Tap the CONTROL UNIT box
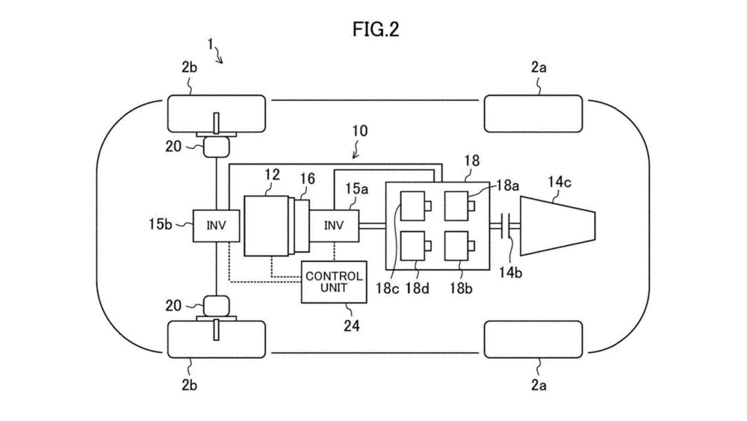click(x=335, y=282)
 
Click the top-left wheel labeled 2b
click(x=215, y=114)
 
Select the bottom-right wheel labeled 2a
click(x=533, y=338)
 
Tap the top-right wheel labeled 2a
click(x=533, y=114)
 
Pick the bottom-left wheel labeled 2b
click(x=215, y=338)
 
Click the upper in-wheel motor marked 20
click(x=215, y=147)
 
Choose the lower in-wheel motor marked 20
click(x=215, y=305)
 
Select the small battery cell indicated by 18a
click(x=456, y=205)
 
